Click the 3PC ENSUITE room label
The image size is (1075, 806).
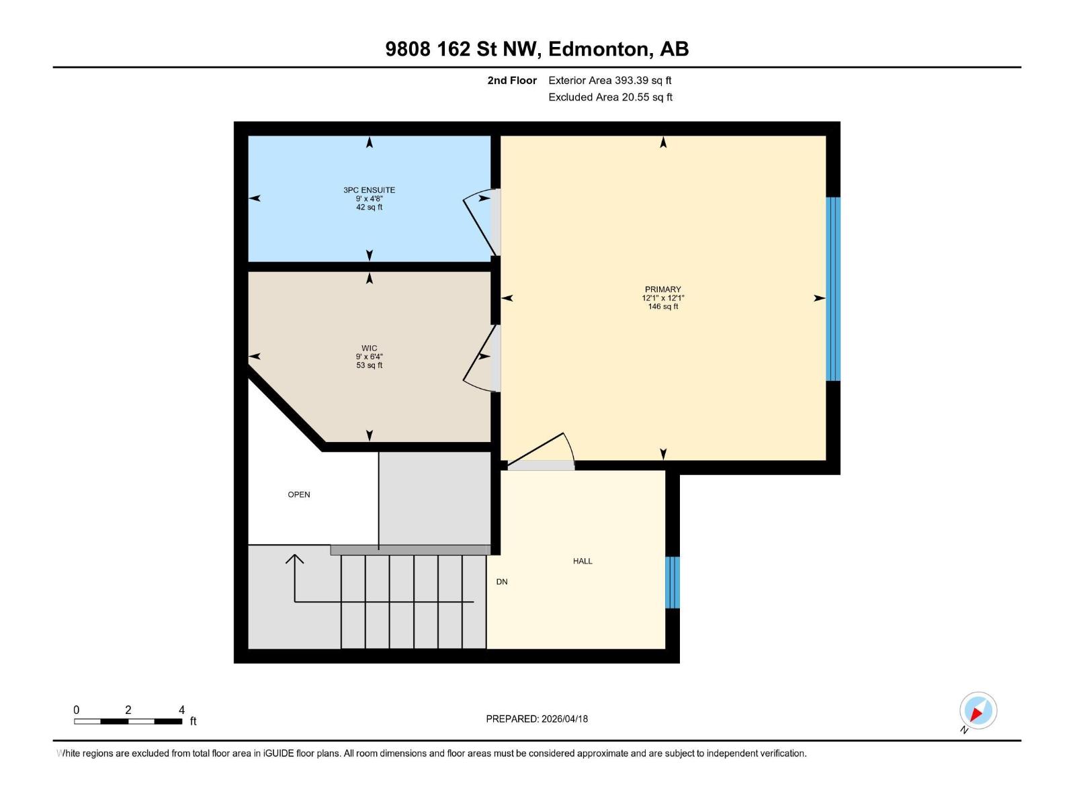(369, 190)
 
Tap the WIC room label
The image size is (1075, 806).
(369, 348)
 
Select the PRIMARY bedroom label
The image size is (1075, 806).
(662, 289)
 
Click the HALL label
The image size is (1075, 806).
(583, 561)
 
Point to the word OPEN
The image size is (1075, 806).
(299, 494)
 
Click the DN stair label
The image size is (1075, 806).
(502, 582)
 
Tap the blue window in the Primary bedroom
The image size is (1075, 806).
(832, 289)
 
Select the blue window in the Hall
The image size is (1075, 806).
(673, 582)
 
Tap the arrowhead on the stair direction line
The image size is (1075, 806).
(294, 558)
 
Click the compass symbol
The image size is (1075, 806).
(978, 711)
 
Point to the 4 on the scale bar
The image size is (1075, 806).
(181, 710)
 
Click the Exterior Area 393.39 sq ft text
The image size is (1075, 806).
(609, 81)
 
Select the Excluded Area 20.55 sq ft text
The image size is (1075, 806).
(609, 97)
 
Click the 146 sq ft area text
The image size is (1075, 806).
(662, 306)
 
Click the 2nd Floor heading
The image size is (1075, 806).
(512, 81)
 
